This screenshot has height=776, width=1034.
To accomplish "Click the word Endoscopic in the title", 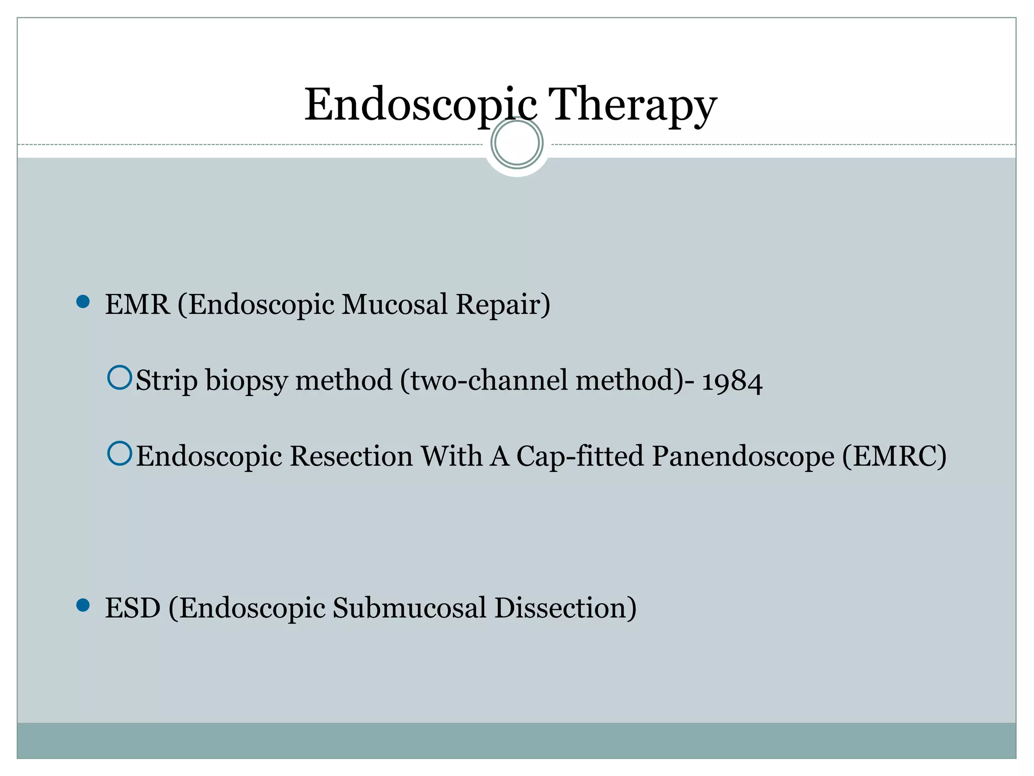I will point(420,105).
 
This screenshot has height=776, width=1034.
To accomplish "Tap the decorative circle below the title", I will point(517,143).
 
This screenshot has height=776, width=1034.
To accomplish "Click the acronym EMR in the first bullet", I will point(137,305).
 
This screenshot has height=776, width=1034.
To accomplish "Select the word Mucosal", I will point(395,305).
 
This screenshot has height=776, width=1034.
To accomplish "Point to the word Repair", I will point(502,305).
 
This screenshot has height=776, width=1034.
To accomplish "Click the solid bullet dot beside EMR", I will point(83,302).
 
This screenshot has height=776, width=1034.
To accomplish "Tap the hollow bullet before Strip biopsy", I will point(120,378).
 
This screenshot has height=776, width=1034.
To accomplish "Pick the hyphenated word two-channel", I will point(485,380).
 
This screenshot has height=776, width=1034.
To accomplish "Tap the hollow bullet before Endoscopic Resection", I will point(120,454).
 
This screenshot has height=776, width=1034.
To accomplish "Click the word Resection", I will point(351,456).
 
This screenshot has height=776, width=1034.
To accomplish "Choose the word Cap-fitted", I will point(580,456).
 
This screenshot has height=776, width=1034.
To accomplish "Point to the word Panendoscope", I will point(743,456).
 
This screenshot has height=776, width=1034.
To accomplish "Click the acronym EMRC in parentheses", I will point(894,456).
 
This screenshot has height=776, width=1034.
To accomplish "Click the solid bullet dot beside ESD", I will point(83,605).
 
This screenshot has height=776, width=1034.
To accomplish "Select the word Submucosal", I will point(409,608).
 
